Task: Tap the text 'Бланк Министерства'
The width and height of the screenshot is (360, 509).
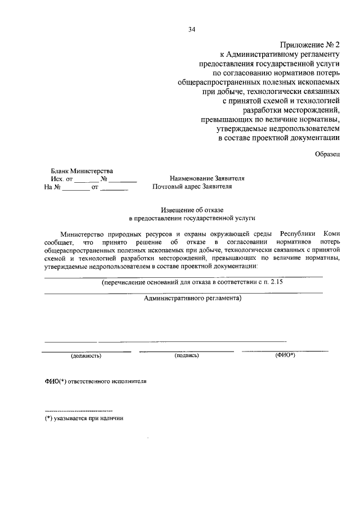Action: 82,171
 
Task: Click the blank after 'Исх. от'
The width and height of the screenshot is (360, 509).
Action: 86,180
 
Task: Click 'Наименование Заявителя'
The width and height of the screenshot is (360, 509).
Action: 207,178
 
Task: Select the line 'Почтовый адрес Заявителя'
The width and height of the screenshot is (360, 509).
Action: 191,186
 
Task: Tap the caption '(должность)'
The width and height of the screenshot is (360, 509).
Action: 85,356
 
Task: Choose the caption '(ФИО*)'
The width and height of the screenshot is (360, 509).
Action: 285,355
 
